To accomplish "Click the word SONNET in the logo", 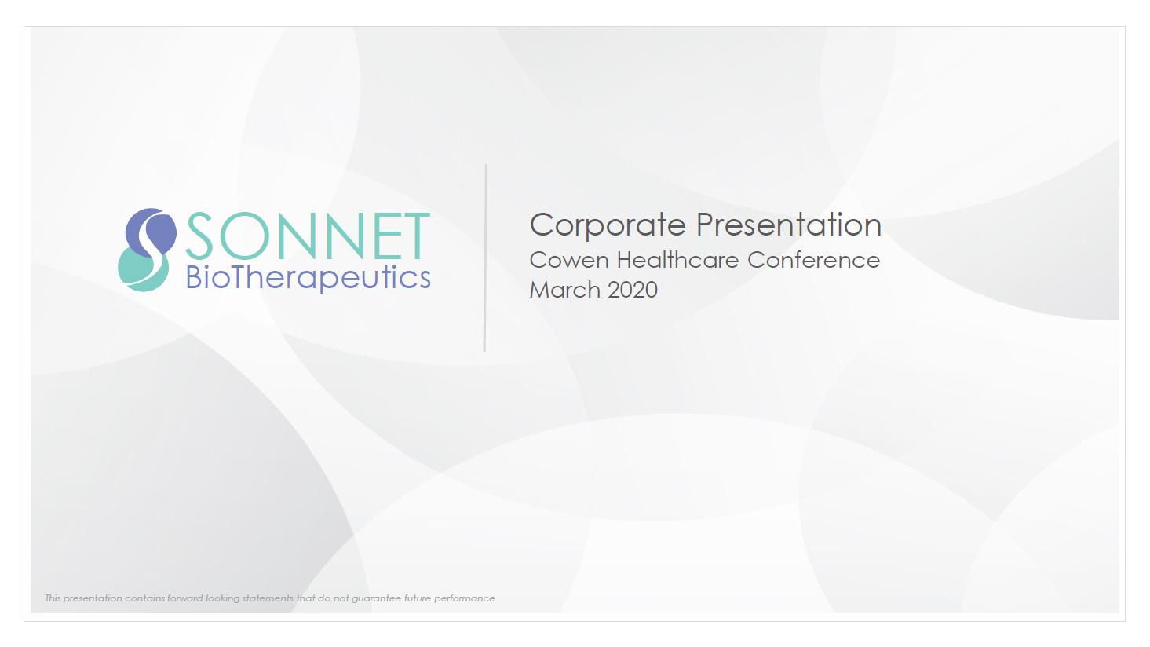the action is [x=308, y=236].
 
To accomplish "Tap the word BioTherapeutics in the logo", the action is [x=308, y=278].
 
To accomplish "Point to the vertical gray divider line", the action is [x=485, y=258].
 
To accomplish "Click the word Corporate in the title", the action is [x=608, y=225].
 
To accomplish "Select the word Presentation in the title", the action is [x=789, y=225].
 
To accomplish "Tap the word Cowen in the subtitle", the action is [x=569, y=260].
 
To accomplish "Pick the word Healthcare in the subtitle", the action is [x=677, y=260].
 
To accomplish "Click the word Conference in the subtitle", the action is [x=813, y=260].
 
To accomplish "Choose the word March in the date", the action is [x=564, y=290].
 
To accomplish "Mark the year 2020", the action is [x=633, y=290].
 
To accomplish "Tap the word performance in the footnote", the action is [x=464, y=599].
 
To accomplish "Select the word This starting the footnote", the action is [x=53, y=598].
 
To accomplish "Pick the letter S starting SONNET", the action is [x=199, y=236].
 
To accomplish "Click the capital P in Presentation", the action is [x=706, y=225].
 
